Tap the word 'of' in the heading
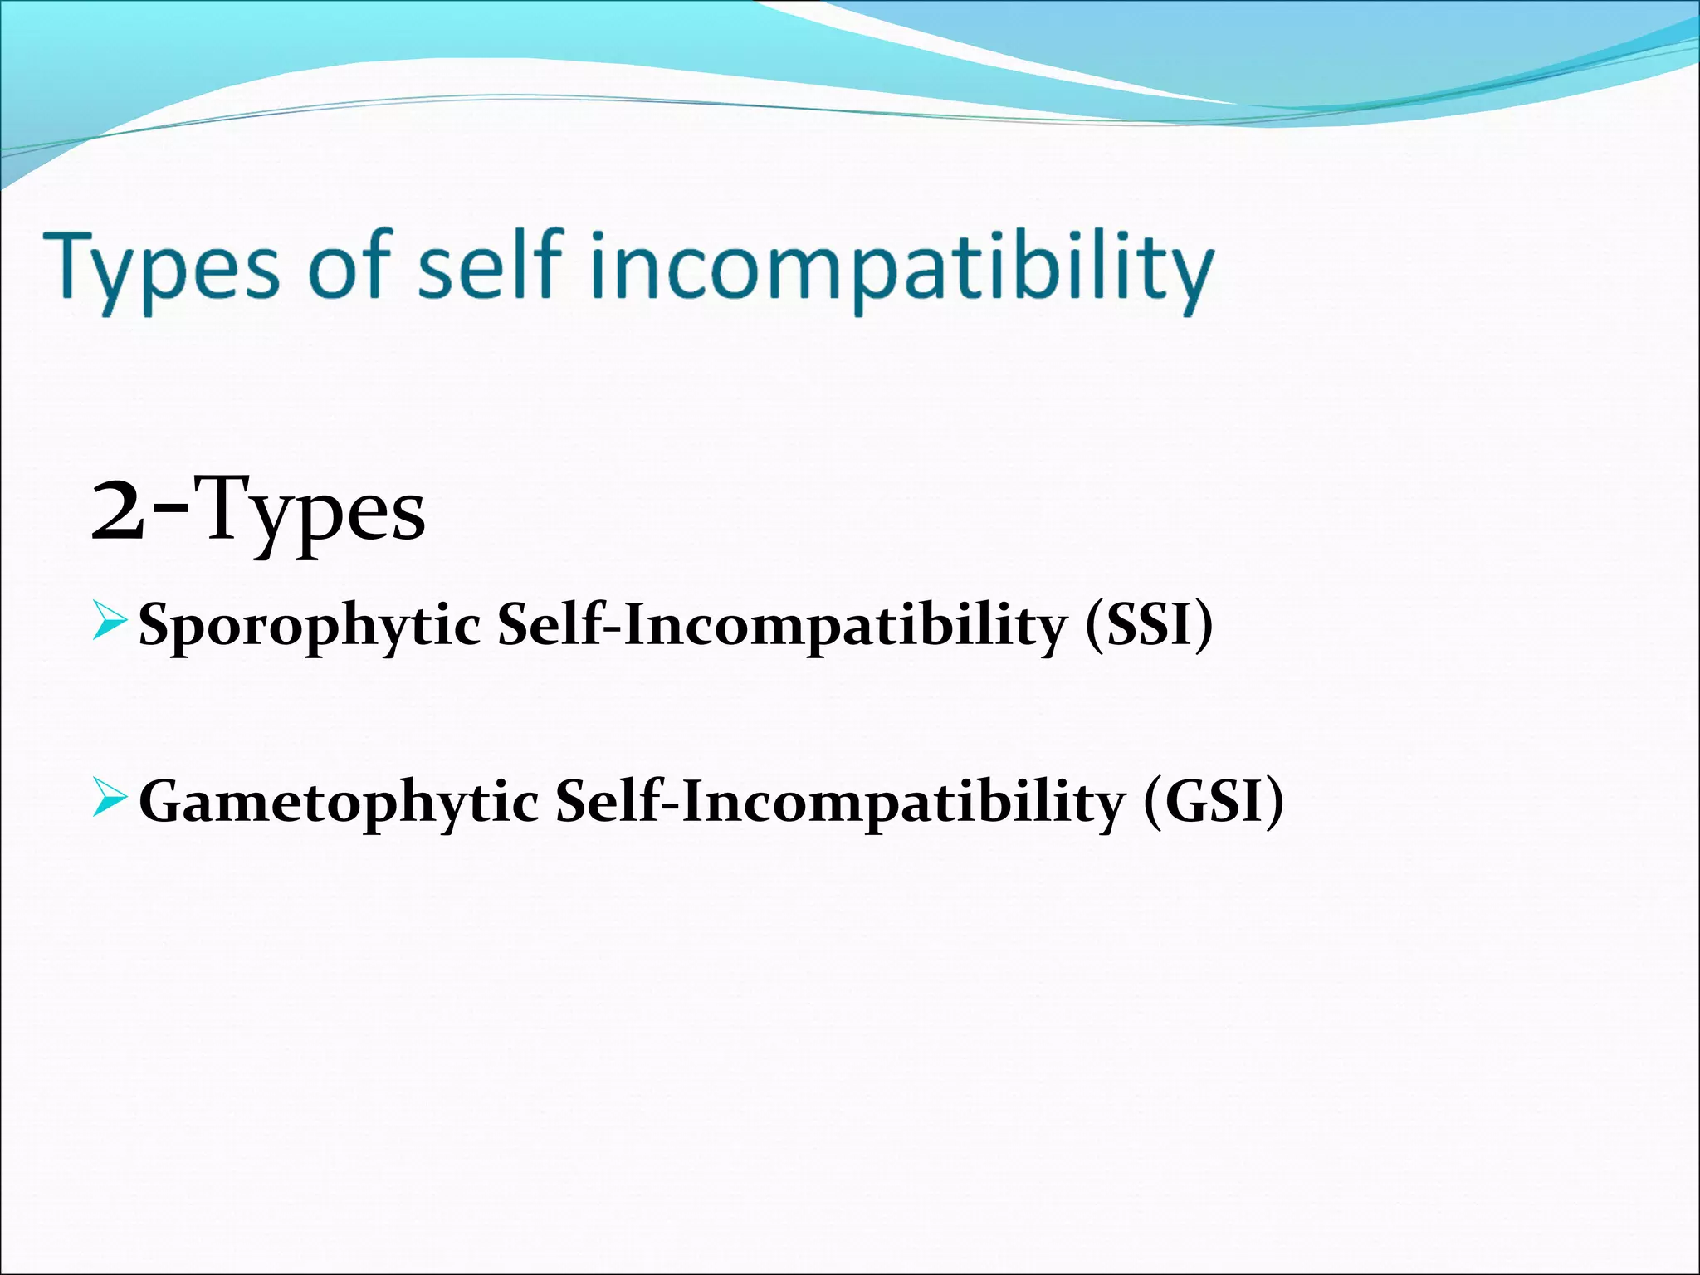pos(349,264)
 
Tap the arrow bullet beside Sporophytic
pos(110,623)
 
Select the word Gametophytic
pos(339,804)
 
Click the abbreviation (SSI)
pos(1149,624)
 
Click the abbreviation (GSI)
pos(1213,802)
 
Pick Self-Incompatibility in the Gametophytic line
pos(838,804)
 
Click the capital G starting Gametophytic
pos(159,801)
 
